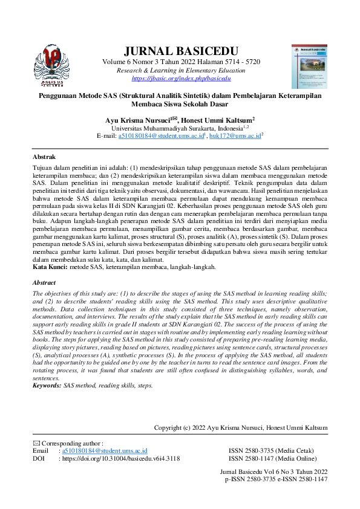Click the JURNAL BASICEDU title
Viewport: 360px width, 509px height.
(181, 51)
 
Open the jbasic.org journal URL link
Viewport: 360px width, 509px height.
(181, 79)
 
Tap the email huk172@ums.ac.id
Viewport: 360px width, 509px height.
(237, 137)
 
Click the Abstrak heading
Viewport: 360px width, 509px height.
(44, 156)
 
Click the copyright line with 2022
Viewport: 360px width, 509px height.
(241, 428)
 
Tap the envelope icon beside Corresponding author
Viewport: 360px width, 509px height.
(35, 444)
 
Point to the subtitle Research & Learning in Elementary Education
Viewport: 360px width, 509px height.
(181, 71)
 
